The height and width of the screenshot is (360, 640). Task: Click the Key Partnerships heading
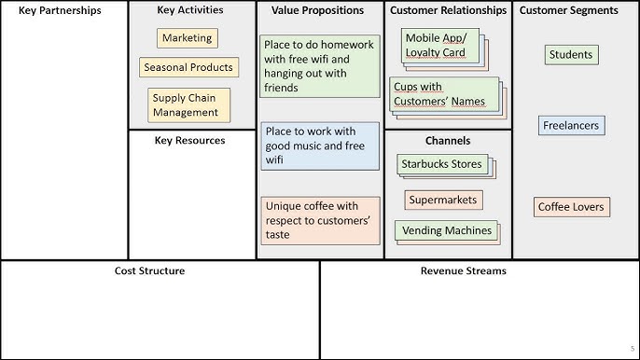(59, 11)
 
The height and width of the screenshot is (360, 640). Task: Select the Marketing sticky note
(188, 38)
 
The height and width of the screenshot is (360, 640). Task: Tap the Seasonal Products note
(188, 68)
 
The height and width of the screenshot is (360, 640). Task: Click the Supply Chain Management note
(188, 104)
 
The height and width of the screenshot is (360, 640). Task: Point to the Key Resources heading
(189, 141)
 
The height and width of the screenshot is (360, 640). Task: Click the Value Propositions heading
(318, 11)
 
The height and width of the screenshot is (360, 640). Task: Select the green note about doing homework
(319, 66)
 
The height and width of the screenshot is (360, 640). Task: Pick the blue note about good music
(319, 145)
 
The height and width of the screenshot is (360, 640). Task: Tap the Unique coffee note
(319, 219)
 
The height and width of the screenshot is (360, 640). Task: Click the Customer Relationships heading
(448, 11)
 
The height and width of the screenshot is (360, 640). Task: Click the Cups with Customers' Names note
(443, 94)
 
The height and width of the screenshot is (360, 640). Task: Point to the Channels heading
(448, 141)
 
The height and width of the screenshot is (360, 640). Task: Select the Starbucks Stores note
(441, 165)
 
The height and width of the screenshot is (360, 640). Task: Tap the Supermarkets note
(443, 200)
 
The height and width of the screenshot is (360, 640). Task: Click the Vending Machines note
(443, 230)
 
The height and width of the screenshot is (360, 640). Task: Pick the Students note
(570, 55)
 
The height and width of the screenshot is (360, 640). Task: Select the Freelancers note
(571, 126)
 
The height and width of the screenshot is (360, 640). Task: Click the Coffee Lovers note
(571, 207)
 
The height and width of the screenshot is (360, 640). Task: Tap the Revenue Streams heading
(464, 271)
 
